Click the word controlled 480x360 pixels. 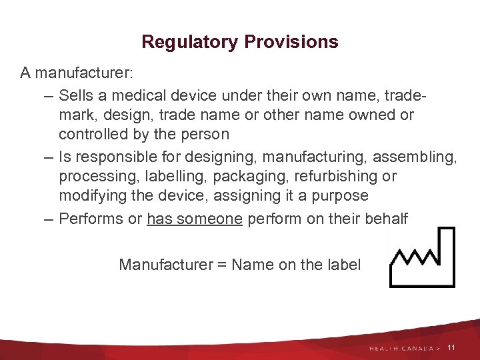[93, 134]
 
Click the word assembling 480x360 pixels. [415, 157]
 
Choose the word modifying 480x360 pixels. [89, 196]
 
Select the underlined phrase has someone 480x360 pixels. [195, 219]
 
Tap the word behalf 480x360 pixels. [385, 219]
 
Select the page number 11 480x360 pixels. [451, 348]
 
